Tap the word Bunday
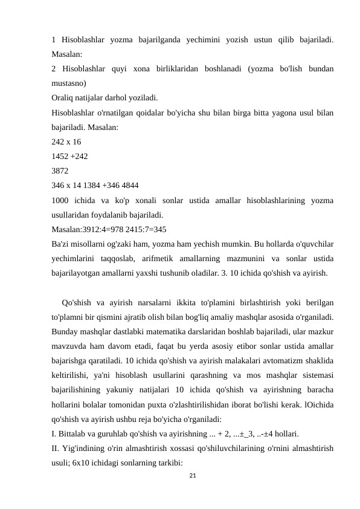(66, 331)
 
